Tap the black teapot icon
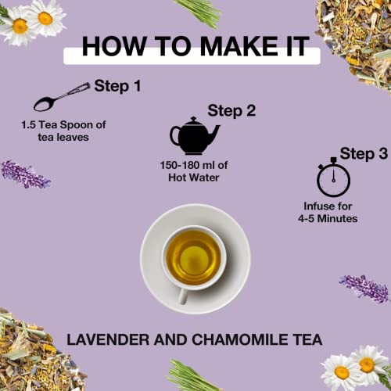point(194,136)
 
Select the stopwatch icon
point(333,178)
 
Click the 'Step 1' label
point(117,86)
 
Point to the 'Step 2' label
point(231,111)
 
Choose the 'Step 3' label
point(364,153)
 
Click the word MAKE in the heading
point(239,46)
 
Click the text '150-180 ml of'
point(194,165)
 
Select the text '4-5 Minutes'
point(328,218)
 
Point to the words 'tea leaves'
point(63,137)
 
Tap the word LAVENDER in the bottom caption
point(108,339)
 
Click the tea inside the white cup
point(193,257)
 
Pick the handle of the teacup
point(183,296)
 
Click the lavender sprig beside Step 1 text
point(25,174)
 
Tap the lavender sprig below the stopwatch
point(364,289)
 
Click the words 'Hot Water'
point(194,178)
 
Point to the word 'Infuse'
point(317,206)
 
